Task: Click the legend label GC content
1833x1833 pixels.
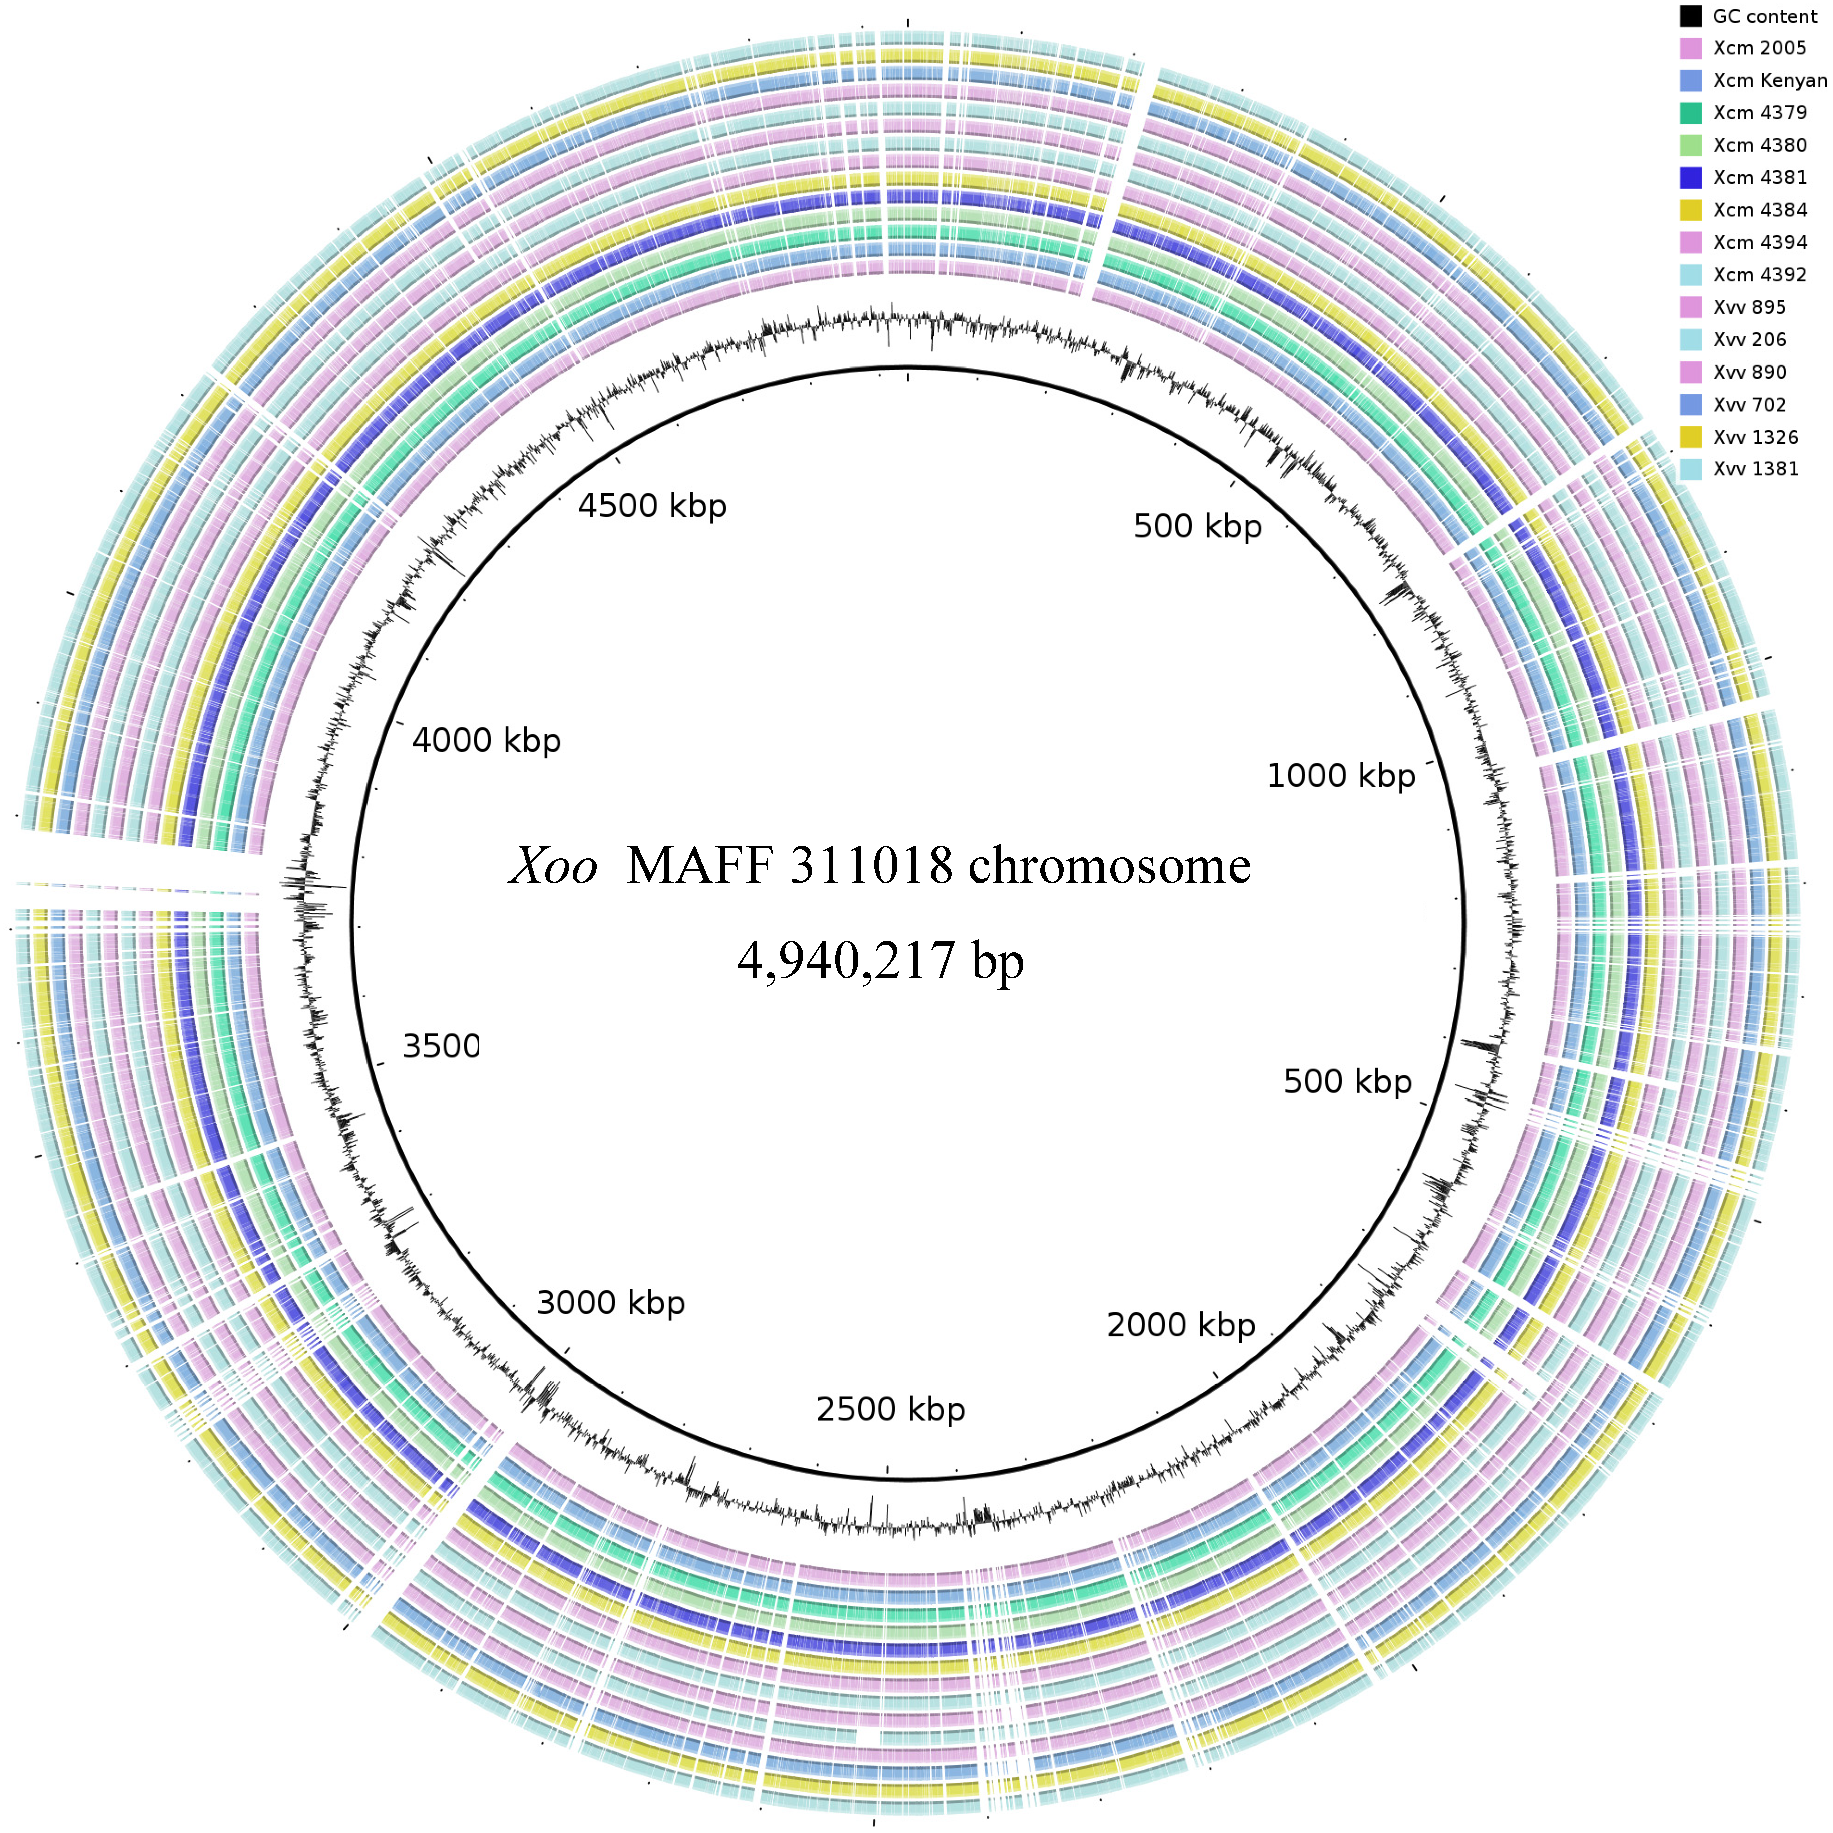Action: click(1764, 16)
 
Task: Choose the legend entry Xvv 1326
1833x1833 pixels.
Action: click(1755, 438)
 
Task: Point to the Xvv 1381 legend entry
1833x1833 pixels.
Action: click(1755, 469)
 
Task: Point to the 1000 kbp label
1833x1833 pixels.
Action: click(1341, 776)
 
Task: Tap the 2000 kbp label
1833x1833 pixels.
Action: click(1180, 1325)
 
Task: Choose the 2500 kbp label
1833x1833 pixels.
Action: click(890, 1410)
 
